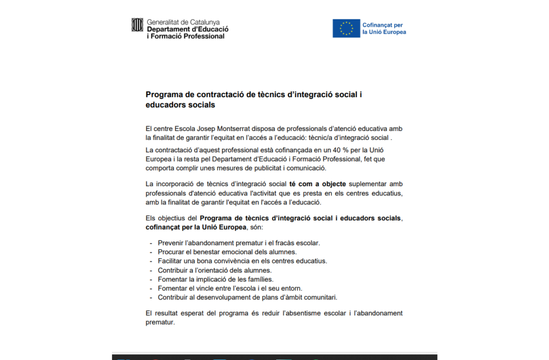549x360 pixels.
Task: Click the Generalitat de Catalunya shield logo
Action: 137,25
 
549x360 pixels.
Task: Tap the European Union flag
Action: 346,28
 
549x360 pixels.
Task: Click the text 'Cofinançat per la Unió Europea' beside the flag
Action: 384,28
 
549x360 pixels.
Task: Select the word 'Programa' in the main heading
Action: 164,95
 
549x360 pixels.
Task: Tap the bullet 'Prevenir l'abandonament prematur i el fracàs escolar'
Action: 239,243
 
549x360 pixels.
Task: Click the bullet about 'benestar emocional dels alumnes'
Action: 227,252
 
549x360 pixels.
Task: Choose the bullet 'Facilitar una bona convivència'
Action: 242,261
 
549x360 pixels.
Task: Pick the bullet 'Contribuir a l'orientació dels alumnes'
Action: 214,270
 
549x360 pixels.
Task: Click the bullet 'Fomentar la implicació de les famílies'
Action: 216,279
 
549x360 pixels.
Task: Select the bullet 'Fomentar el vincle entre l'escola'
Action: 229,288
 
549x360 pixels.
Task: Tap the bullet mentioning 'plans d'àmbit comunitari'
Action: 247,297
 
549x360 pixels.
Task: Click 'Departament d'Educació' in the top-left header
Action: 188,29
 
